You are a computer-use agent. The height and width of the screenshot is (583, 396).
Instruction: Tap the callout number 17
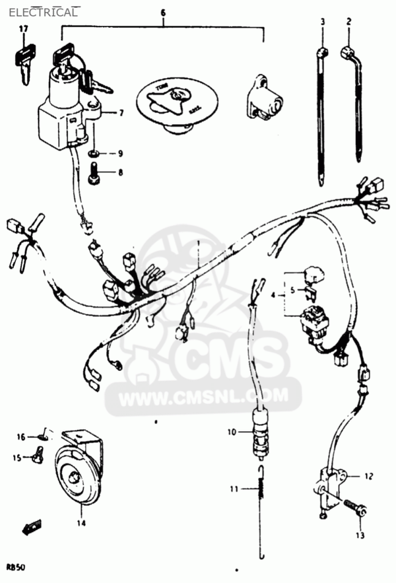coord(24,29)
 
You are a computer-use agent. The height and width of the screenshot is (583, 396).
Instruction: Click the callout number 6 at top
coord(163,13)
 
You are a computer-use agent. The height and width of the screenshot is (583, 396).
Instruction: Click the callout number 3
coord(323,22)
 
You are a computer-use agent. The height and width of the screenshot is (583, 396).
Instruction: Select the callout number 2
coord(348,22)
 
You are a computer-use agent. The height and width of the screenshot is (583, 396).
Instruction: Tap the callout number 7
coord(121,113)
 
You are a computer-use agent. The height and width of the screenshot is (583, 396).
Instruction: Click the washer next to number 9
coord(95,153)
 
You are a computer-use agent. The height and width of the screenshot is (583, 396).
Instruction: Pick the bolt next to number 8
coord(95,173)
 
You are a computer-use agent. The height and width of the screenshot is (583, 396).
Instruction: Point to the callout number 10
coord(232,432)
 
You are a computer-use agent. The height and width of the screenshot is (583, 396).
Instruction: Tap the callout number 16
coord(20,436)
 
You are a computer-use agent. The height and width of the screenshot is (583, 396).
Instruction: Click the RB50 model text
coord(16,566)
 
